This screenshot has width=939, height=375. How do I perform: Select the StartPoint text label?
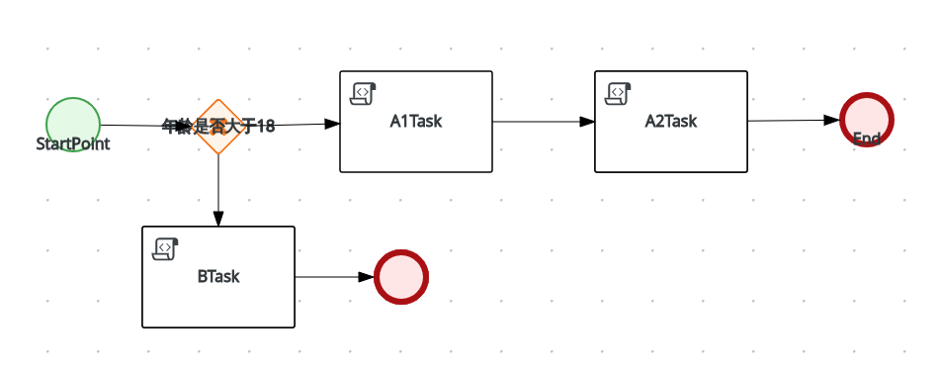coord(72,144)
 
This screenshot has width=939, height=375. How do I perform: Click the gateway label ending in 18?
coord(218,127)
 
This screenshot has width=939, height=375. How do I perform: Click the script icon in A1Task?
coord(362,93)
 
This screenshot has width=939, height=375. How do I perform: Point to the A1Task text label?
coord(416,122)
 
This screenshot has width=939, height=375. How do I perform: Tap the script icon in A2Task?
coord(616,93)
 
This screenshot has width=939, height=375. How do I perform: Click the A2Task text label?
coord(671,122)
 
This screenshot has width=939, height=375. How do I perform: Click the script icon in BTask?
coord(164,248)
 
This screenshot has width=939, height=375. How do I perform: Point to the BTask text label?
coord(218,276)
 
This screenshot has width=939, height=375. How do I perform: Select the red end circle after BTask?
coord(401,277)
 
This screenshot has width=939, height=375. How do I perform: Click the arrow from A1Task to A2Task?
coord(543,122)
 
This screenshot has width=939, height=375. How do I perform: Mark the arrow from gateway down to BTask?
coord(218,188)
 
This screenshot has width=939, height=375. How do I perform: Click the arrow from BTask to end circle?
coord(334,277)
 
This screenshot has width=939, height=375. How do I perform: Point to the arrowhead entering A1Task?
coord(333,124)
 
